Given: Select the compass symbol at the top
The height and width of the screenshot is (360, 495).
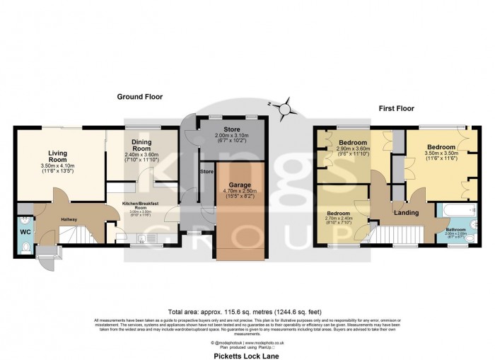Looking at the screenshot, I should pos(285,109).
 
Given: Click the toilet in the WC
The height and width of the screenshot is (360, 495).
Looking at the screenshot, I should pos(25,247).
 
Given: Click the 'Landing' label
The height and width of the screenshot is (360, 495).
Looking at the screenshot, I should pos(406,212).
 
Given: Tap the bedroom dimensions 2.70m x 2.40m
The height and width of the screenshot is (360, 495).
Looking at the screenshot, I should pos(342,219).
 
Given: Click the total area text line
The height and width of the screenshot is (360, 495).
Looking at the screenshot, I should pos(247,312).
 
